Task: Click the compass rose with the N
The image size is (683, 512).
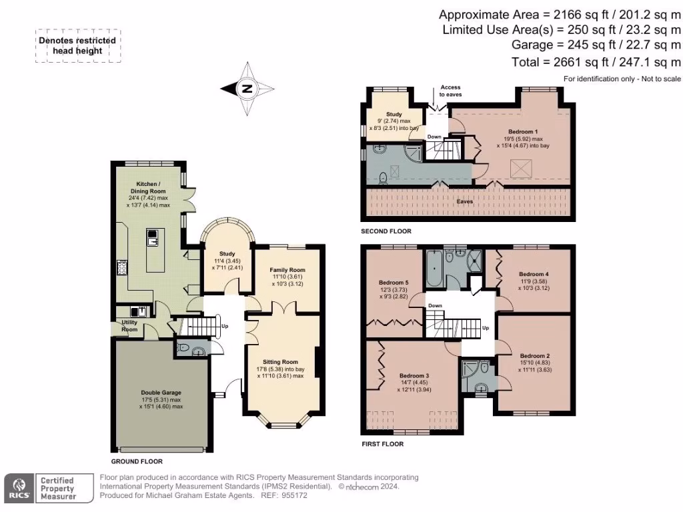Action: (x=247, y=89)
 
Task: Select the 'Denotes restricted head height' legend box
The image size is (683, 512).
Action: (x=79, y=46)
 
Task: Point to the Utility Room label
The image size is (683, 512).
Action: (x=129, y=325)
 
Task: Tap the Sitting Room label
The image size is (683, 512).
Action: (x=281, y=362)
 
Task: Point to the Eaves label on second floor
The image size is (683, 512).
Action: (x=466, y=200)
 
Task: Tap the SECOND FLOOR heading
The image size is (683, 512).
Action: (x=386, y=231)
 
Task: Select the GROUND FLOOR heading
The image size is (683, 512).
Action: (x=137, y=461)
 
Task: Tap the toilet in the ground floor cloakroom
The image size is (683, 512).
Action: (x=184, y=348)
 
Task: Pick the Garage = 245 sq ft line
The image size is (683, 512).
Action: (x=596, y=45)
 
